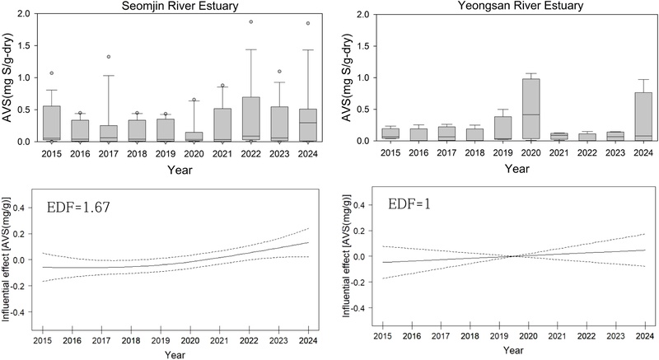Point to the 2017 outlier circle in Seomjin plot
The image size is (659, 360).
(x=107, y=57)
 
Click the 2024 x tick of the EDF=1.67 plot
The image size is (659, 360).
(x=307, y=339)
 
